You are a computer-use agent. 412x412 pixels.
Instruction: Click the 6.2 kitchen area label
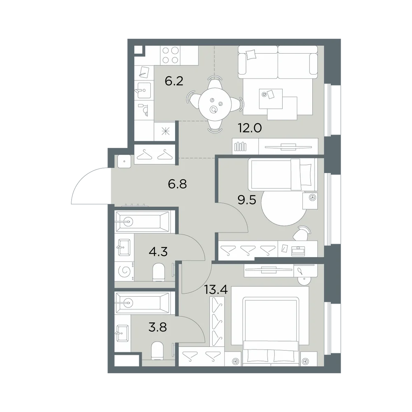174,81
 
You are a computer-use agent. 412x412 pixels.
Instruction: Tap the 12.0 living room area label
250,128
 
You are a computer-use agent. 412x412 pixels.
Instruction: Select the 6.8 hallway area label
177,184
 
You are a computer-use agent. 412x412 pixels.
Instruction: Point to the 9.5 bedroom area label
247,200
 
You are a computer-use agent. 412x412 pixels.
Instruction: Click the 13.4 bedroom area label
216,290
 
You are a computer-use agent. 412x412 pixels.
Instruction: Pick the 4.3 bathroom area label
158,252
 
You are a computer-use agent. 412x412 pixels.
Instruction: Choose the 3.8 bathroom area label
158,328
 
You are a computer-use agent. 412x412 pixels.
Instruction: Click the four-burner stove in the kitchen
170,55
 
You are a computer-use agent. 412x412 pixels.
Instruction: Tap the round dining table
215,104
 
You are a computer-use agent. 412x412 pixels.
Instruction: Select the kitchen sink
144,90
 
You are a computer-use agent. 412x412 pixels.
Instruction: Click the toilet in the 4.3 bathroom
159,272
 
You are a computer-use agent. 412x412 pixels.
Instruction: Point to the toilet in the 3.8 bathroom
158,351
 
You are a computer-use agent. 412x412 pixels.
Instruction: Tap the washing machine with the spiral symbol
124,271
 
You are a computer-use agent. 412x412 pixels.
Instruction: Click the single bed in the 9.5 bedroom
283,174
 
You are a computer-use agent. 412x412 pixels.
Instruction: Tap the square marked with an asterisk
165,131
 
